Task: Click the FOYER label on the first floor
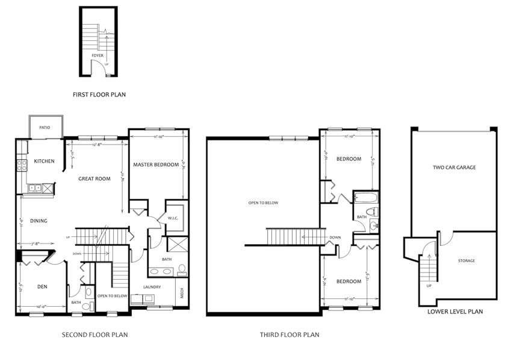pyautogui.click(x=97, y=55)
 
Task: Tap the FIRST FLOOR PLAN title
pyautogui.click(x=99, y=95)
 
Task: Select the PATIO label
pyautogui.click(x=44, y=127)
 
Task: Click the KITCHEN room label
pyautogui.click(x=45, y=162)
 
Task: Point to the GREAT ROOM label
pyautogui.click(x=94, y=178)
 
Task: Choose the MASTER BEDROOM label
pyautogui.click(x=156, y=165)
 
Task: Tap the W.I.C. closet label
pyautogui.click(x=173, y=218)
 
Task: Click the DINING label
pyautogui.click(x=39, y=221)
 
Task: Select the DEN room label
pyautogui.click(x=42, y=287)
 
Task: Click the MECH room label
pyautogui.click(x=182, y=295)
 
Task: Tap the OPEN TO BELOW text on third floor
pyautogui.click(x=263, y=203)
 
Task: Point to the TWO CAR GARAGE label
pyautogui.click(x=454, y=168)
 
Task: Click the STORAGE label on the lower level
pyautogui.click(x=466, y=261)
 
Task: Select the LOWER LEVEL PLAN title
pyautogui.click(x=455, y=312)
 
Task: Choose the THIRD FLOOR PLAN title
pyautogui.click(x=290, y=334)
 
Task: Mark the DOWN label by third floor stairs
pyautogui.click(x=335, y=237)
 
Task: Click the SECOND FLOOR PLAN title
pyautogui.click(x=95, y=334)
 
